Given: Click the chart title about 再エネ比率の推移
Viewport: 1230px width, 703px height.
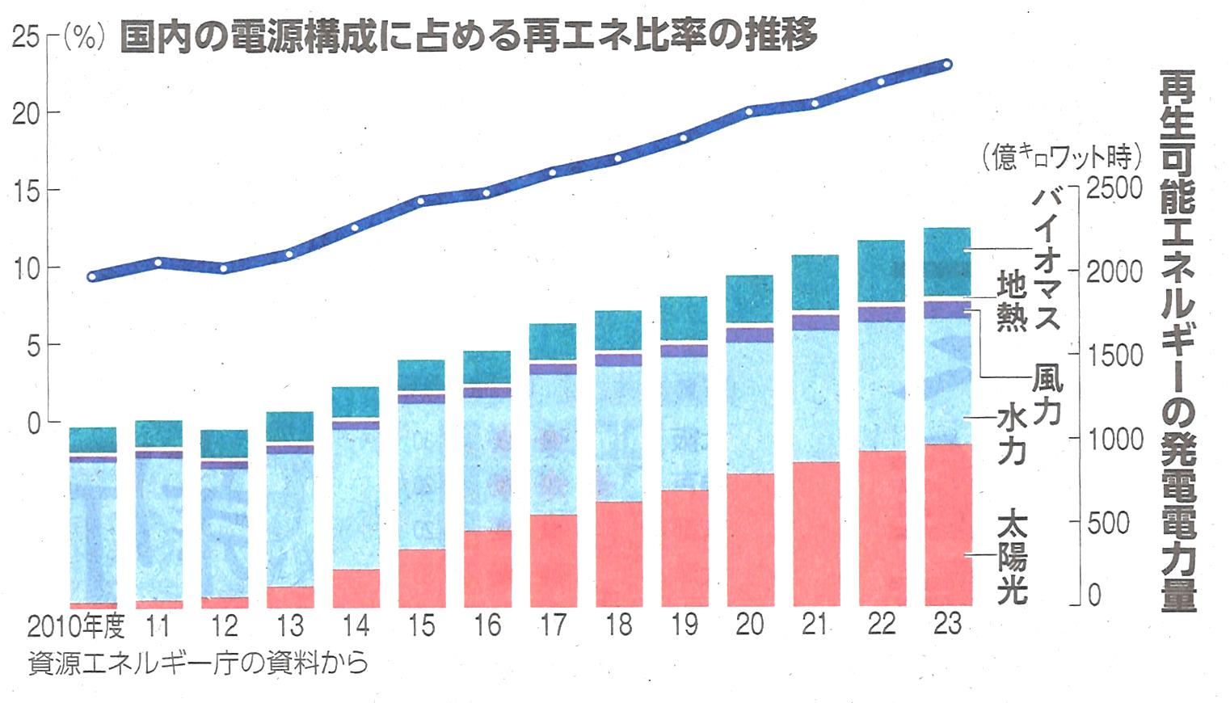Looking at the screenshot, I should [x=468, y=36].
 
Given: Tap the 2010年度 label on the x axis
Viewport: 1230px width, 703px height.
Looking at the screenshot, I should [x=76, y=626].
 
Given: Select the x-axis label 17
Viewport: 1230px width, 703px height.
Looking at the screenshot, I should [x=553, y=625].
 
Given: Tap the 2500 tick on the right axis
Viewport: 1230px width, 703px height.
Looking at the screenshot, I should [x=1114, y=187].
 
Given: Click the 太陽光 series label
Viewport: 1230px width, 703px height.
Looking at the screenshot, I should [x=1012, y=558].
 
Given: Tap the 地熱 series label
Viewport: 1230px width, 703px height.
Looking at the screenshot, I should [x=1011, y=301].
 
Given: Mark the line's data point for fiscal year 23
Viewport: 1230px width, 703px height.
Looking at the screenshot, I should [x=947, y=64].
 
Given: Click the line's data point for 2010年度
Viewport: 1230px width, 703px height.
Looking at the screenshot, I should [x=92, y=276].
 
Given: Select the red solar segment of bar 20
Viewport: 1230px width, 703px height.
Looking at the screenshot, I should [x=750, y=539].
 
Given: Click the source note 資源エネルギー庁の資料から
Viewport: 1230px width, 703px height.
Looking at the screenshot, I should [x=198, y=663].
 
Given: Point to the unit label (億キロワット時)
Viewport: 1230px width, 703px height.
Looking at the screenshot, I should [x=1061, y=156].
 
